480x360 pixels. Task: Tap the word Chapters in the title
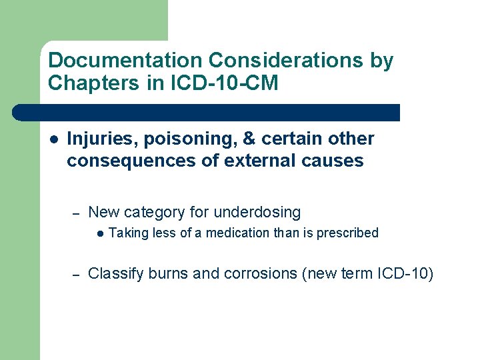click(87, 83)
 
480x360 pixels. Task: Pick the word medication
click(237, 233)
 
